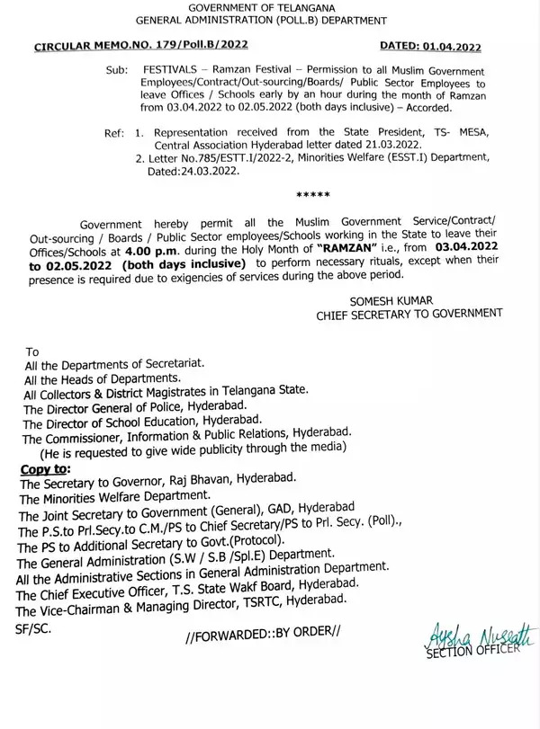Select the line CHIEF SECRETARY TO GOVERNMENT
click(x=421, y=314)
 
